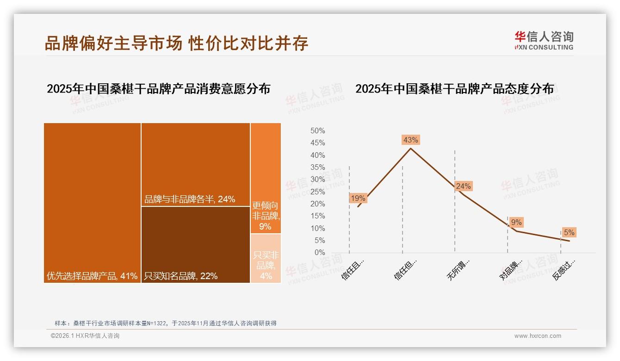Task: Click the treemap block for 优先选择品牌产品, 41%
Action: tap(93, 203)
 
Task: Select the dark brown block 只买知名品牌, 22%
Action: tap(195, 244)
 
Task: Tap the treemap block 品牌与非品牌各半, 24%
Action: tap(195, 164)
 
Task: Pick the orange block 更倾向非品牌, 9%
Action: tap(266, 178)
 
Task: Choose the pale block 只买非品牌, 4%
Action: tap(266, 258)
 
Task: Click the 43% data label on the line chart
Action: tap(410, 140)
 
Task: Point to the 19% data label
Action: tap(358, 198)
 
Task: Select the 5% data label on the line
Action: tap(569, 232)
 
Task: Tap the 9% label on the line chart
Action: tap(516, 222)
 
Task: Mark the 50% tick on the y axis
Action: tap(317, 131)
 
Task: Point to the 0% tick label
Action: tap(319, 253)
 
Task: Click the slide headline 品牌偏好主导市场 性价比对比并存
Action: tap(176, 44)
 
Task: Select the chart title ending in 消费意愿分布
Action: tap(158, 89)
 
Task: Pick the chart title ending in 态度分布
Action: tap(454, 89)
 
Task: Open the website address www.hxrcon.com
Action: tap(538, 336)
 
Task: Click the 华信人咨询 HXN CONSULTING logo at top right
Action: tap(544, 41)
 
